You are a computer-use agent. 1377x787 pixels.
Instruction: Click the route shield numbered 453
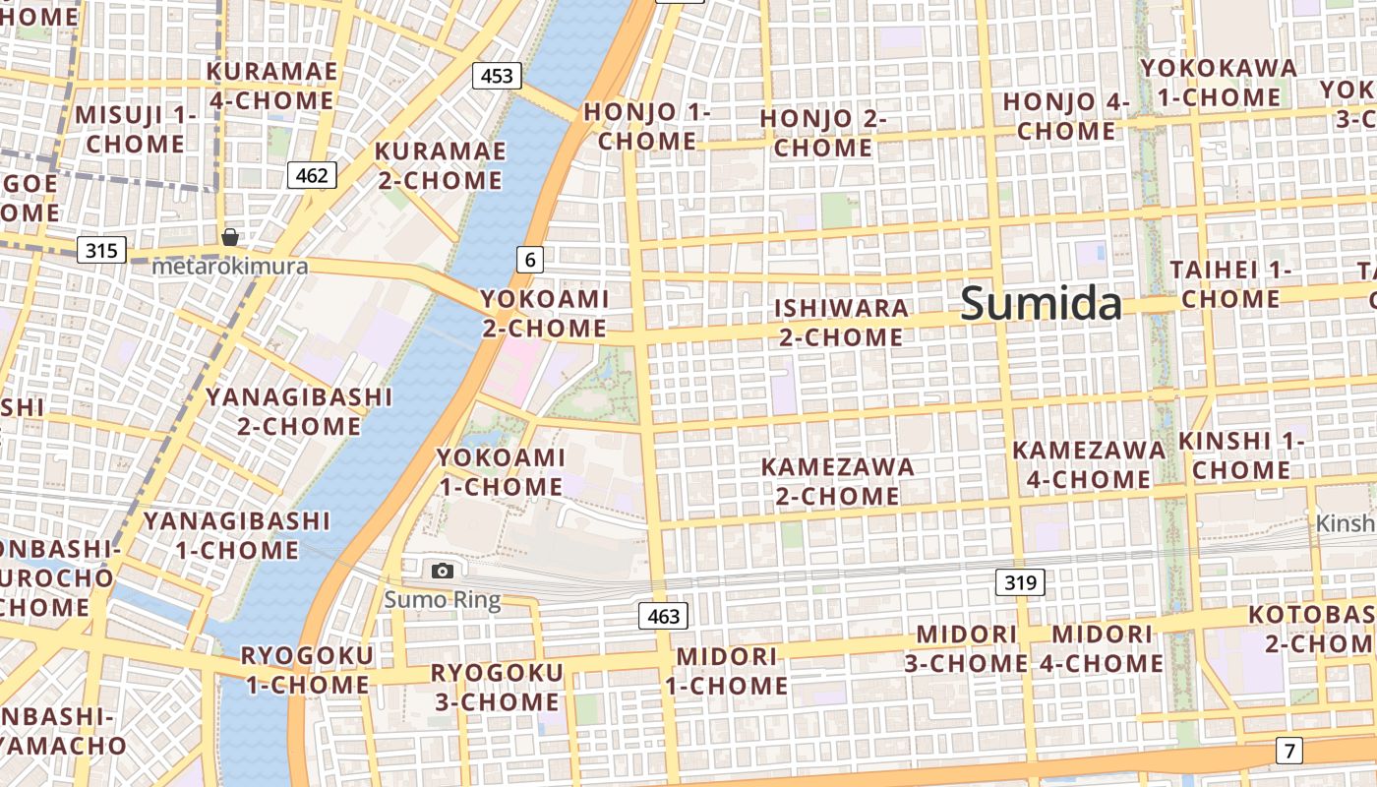(x=497, y=76)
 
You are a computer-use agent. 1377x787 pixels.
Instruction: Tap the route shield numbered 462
(x=312, y=175)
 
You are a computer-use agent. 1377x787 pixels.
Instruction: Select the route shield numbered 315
(x=101, y=250)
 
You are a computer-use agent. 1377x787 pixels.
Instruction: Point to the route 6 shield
(x=530, y=260)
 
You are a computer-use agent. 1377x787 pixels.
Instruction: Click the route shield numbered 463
(x=664, y=617)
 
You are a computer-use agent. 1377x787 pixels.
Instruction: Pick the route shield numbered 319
(x=1021, y=582)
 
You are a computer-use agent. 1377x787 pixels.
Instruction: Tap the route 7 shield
(x=1288, y=751)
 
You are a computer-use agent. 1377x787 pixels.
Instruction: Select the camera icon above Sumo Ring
(x=443, y=571)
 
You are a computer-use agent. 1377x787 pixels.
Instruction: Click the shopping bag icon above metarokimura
(x=230, y=237)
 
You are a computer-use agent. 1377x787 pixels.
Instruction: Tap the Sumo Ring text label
(x=443, y=599)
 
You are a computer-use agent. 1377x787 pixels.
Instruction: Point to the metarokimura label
(x=230, y=266)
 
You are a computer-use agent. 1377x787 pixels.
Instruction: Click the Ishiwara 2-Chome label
(x=841, y=323)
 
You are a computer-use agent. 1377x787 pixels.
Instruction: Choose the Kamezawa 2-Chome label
(x=838, y=480)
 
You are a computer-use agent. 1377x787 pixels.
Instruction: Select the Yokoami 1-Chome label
(x=501, y=471)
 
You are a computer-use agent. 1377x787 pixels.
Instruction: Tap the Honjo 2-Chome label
(x=823, y=134)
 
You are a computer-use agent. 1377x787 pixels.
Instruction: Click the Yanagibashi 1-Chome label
(x=236, y=534)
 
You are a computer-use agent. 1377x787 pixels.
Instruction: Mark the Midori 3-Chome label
(x=966, y=648)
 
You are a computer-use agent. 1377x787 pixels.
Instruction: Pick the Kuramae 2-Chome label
(x=440, y=165)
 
